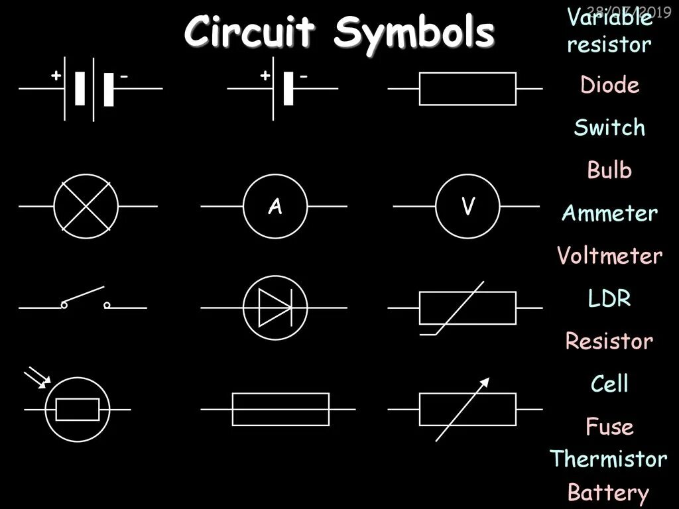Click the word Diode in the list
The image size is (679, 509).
coord(609,85)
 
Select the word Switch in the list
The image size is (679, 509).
coord(609,127)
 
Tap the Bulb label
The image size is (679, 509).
coord(609,170)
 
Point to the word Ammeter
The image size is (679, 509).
coord(609,213)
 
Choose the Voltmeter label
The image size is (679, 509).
coord(609,256)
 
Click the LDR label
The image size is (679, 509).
coord(609,299)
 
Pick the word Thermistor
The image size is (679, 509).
coord(608,459)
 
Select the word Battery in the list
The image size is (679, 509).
coord(608,493)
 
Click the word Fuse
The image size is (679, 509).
coord(609,427)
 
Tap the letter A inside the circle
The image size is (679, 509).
coord(275,207)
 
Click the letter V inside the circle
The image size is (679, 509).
coord(468,207)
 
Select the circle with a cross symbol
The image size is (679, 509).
coord(86,207)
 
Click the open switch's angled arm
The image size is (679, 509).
coord(84,296)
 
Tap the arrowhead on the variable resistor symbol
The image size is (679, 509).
coord(485,382)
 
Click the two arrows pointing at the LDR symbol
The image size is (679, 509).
coord(36,378)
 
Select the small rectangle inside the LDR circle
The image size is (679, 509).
coord(78,410)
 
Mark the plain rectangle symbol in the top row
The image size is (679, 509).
coord(467,89)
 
